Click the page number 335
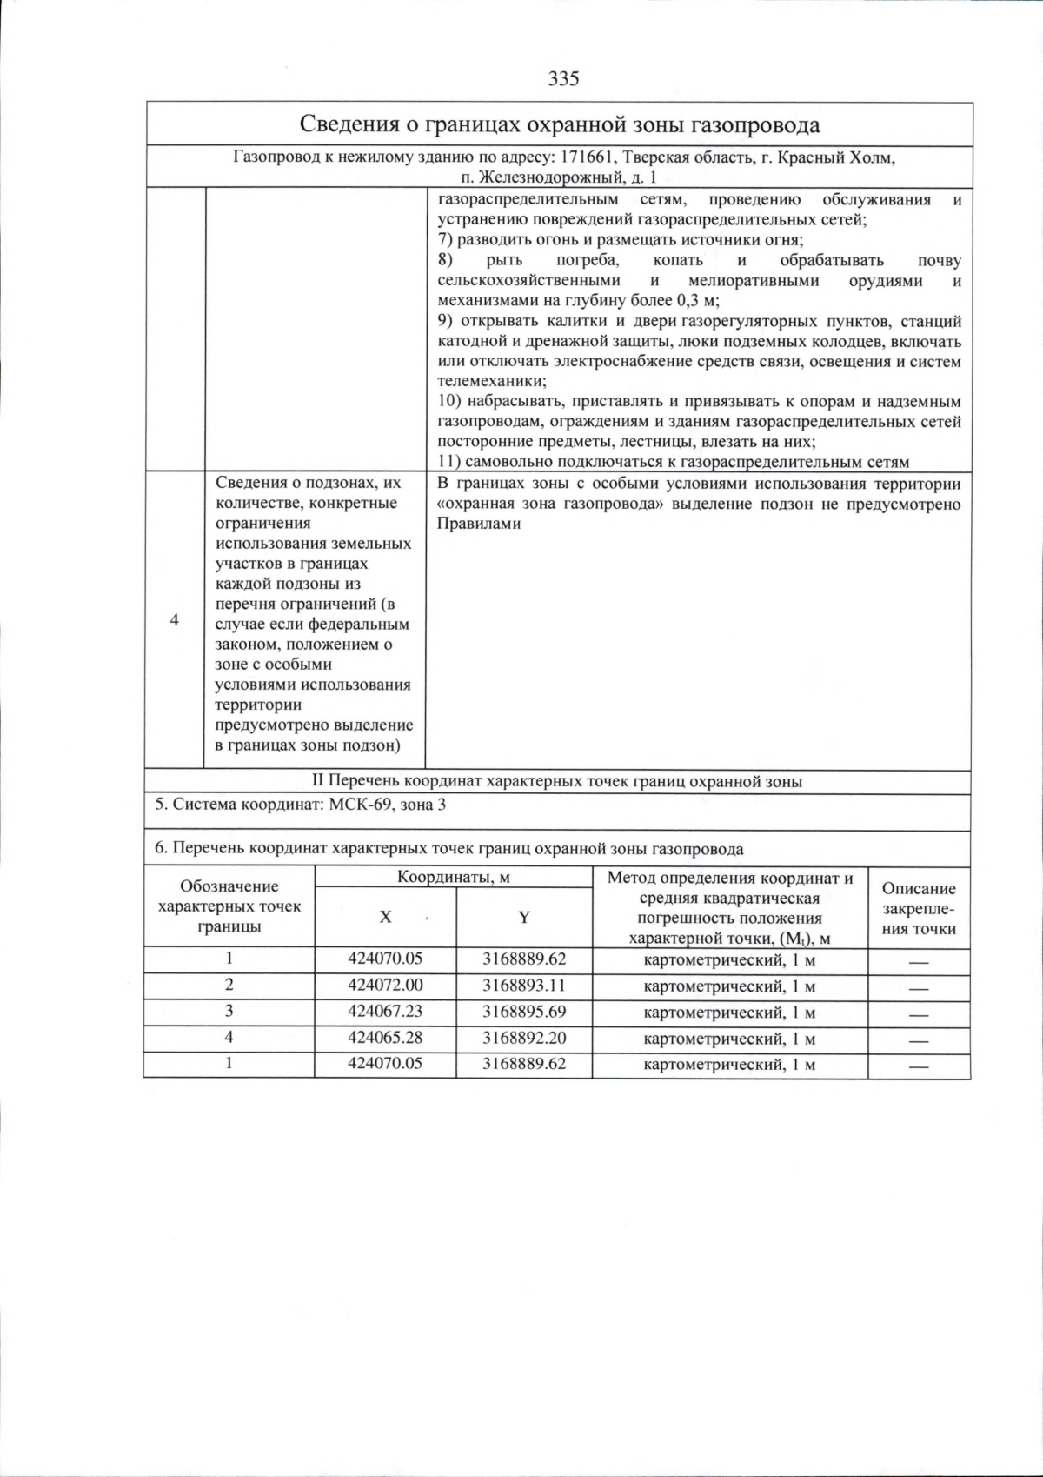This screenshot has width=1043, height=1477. pos(563,79)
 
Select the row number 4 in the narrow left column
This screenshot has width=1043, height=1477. pos(175,620)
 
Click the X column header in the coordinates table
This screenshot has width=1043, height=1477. pos(385,917)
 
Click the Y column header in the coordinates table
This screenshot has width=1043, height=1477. pos(524,917)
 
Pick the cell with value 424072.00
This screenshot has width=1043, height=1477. pos(385,985)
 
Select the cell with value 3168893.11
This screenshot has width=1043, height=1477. pos(524,985)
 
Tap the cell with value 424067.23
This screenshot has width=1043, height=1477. pos(385,1011)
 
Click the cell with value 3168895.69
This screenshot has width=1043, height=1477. pos(524,1011)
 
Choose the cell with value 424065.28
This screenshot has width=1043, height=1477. pos(385,1037)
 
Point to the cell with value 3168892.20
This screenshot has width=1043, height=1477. pos(524,1037)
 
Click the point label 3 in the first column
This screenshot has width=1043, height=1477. pos(229,1011)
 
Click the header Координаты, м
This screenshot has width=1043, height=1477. pos(454,877)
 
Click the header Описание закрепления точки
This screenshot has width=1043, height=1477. pos(919,908)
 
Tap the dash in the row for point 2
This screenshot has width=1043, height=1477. pos(919,988)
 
